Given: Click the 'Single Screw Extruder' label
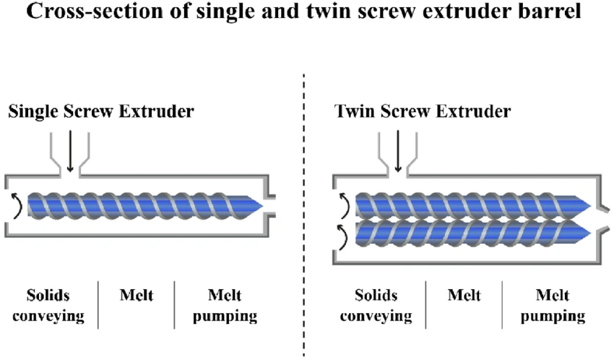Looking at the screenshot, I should click(101, 112).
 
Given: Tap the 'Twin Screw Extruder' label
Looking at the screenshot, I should click(423, 112).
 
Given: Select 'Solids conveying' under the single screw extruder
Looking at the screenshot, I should click(55, 305).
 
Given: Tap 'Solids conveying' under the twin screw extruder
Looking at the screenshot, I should click(376, 305).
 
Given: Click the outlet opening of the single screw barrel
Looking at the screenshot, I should click(272, 206).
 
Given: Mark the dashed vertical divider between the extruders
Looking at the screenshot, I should click(303, 217).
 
